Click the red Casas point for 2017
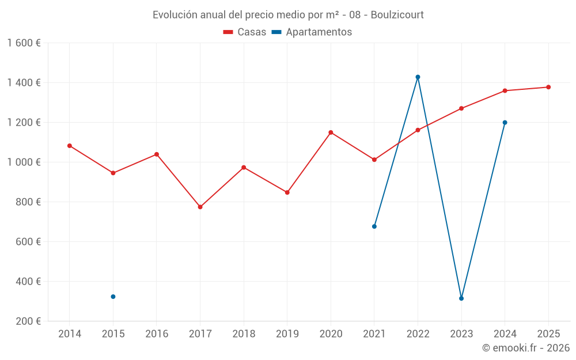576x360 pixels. (x=200, y=207)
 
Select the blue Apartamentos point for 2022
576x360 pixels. (x=418, y=77)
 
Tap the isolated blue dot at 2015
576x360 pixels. (x=113, y=297)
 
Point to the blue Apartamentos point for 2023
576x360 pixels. (x=461, y=298)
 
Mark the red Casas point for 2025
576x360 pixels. (x=548, y=88)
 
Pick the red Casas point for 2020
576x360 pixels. (x=331, y=132)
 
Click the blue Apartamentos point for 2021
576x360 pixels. (x=374, y=226)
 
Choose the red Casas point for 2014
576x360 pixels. (x=70, y=146)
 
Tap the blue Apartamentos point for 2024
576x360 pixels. (x=505, y=123)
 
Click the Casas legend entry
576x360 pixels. (x=245, y=32)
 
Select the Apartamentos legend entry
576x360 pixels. (x=312, y=32)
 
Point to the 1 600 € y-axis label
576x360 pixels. (x=24, y=43)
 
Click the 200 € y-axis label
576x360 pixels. (x=28, y=321)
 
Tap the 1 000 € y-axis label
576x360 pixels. (x=24, y=162)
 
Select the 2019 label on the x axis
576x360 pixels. (x=287, y=334)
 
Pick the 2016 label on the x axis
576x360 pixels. (x=157, y=334)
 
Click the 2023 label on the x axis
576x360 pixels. (x=461, y=334)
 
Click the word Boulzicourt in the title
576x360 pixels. (x=397, y=15)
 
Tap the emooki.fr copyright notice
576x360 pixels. (x=526, y=348)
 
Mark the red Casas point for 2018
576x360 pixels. (x=244, y=168)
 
